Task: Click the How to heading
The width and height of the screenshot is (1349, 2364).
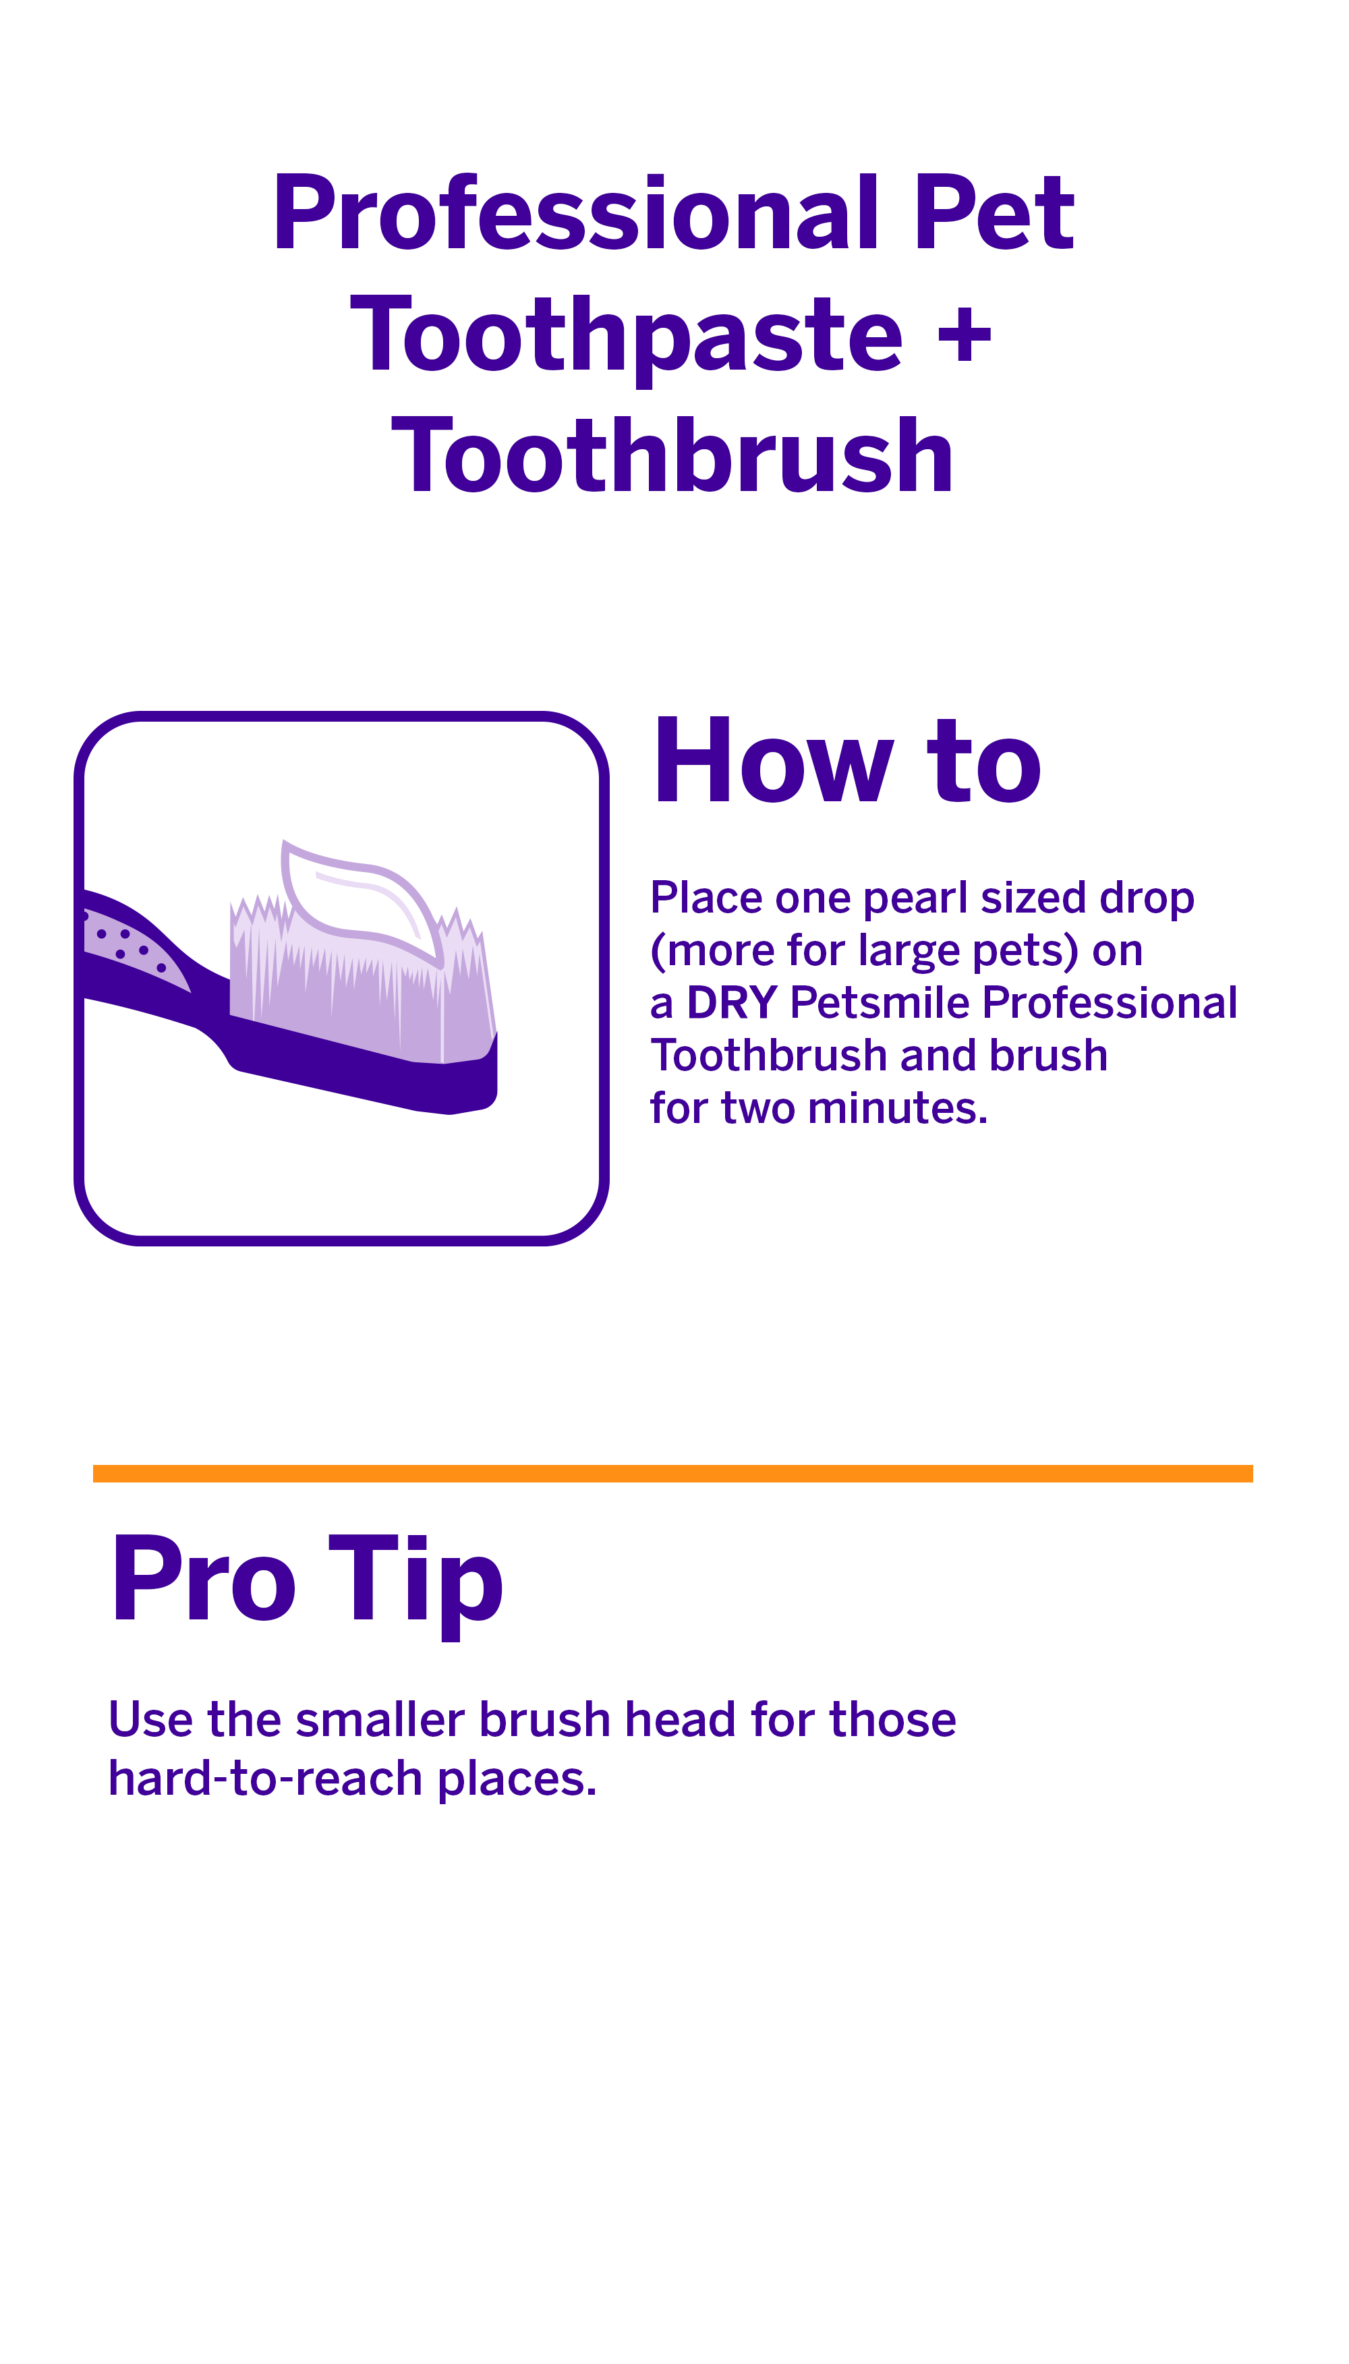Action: coord(846,761)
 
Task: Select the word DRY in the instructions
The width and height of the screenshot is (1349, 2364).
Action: coord(731,1003)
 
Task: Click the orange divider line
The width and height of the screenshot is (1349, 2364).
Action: coord(672,1473)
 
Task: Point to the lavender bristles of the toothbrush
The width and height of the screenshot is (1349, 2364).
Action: coord(352,996)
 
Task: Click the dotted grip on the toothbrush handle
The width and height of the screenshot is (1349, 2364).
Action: coord(125,940)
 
